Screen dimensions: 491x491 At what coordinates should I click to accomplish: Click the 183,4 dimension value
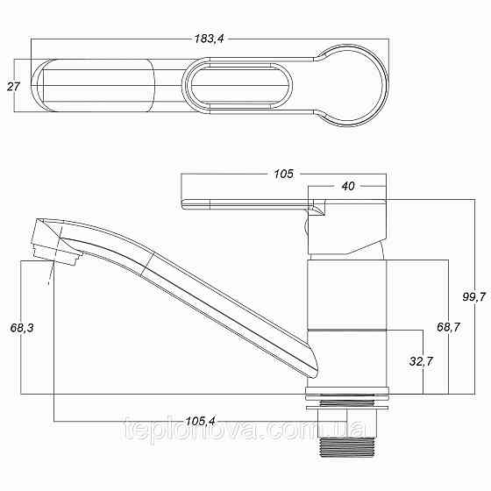click(x=210, y=39)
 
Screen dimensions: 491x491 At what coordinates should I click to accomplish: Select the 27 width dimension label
click(x=13, y=87)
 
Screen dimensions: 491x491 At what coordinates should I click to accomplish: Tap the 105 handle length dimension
click(x=284, y=174)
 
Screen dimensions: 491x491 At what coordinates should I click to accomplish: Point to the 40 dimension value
click(x=348, y=186)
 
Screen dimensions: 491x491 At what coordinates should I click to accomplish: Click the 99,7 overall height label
click(x=474, y=296)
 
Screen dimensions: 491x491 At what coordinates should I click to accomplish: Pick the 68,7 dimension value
click(x=448, y=327)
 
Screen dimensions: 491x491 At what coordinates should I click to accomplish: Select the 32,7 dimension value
click(x=421, y=361)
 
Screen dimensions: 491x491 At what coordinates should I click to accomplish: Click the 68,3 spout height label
click(x=22, y=328)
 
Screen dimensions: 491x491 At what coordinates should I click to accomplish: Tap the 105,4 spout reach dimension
click(x=201, y=421)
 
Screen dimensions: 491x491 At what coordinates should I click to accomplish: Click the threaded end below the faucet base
click(x=346, y=448)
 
